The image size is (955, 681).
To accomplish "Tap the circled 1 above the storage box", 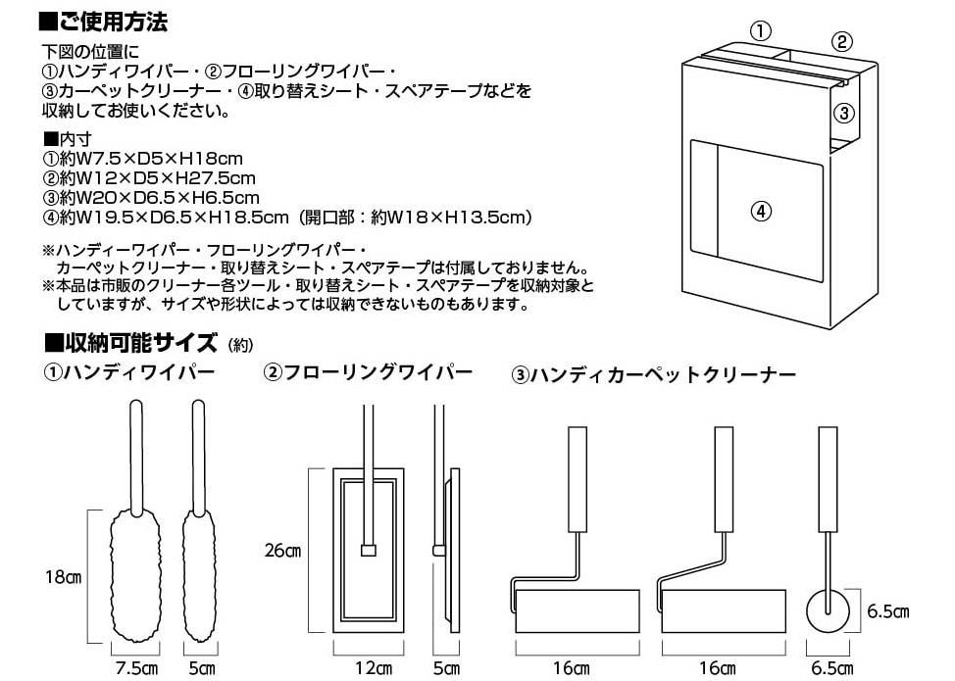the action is click(x=760, y=29).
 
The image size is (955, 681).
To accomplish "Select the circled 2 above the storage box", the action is click(x=841, y=42).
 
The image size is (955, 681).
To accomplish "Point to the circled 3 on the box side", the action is click(x=843, y=113).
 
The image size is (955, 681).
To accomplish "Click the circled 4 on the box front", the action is click(x=761, y=212).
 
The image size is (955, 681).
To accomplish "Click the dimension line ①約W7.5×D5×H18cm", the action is click(x=142, y=159).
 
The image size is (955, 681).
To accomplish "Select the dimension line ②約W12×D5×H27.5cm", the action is click(x=149, y=178).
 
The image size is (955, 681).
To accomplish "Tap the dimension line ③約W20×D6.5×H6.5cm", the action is click(x=151, y=198).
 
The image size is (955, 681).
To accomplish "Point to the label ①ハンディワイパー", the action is click(x=129, y=371).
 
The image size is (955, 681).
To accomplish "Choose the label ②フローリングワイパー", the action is click(x=368, y=371).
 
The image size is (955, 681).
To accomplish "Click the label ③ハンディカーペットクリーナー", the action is click(x=654, y=374).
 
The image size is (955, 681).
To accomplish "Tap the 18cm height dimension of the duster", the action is click(x=63, y=576).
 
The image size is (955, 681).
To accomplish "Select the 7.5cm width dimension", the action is click(x=136, y=668).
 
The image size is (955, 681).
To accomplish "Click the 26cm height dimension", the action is click(x=282, y=550).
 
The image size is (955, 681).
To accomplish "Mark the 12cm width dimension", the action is click(x=374, y=668).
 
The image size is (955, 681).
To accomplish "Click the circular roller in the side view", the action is click(x=828, y=611).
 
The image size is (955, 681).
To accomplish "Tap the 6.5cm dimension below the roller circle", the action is click(x=832, y=668).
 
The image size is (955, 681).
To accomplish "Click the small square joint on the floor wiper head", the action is click(x=368, y=550).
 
